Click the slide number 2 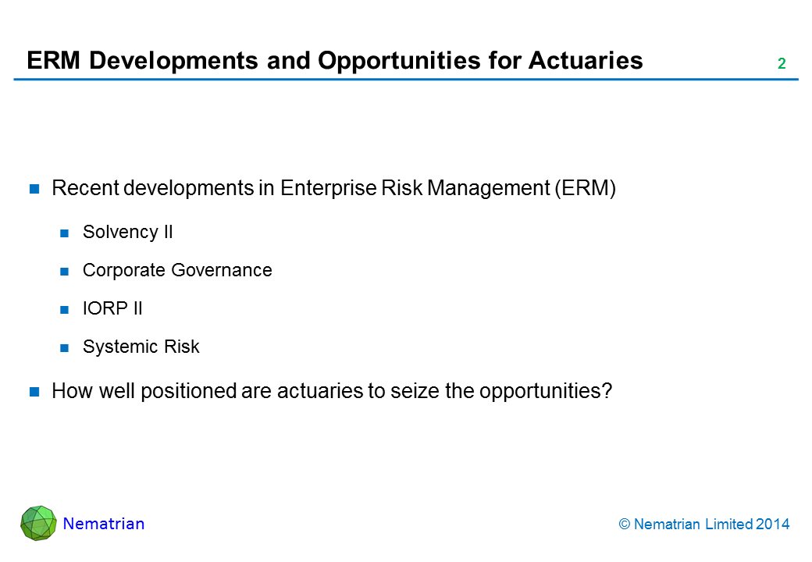tap(782, 63)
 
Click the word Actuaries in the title tap(586, 60)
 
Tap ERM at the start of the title tap(53, 60)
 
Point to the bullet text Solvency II tap(127, 232)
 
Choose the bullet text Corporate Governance tap(177, 270)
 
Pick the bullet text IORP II tap(112, 308)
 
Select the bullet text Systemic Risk tap(141, 347)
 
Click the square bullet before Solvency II tap(64, 233)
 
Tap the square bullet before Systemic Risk tap(64, 348)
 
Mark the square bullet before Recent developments tap(34, 189)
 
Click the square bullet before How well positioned tap(34, 392)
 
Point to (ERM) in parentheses tap(585, 188)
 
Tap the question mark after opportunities tap(607, 391)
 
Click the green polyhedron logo tap(38, 523)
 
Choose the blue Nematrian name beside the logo tap(104, 524)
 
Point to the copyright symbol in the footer tap(624, 525)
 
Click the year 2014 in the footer tap(772, 525)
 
